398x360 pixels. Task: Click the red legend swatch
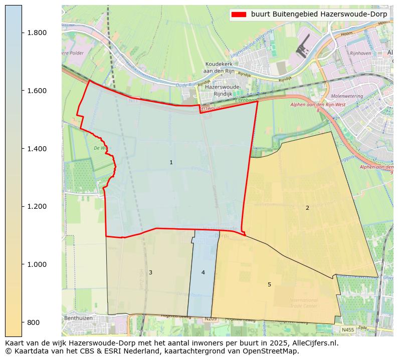(239, 14)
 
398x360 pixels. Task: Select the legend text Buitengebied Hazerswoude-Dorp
(319, 14)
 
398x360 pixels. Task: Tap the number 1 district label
(171, 162)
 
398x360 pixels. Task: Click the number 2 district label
(307, 208)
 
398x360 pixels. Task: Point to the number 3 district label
(150, 272)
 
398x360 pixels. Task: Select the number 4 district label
(203, 272)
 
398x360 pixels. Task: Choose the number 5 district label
(269, 284)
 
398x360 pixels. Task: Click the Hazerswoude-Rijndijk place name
(223, 90)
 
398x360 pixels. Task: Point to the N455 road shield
(348, 330)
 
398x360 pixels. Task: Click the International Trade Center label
(303, 303)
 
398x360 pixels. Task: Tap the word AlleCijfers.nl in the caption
(314, 343)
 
